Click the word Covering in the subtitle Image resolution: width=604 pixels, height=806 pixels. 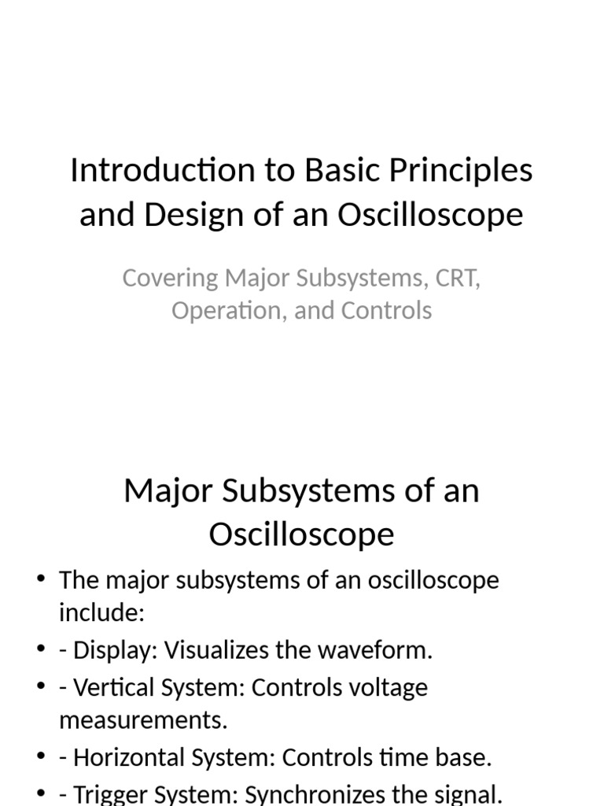tap(169, 278)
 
